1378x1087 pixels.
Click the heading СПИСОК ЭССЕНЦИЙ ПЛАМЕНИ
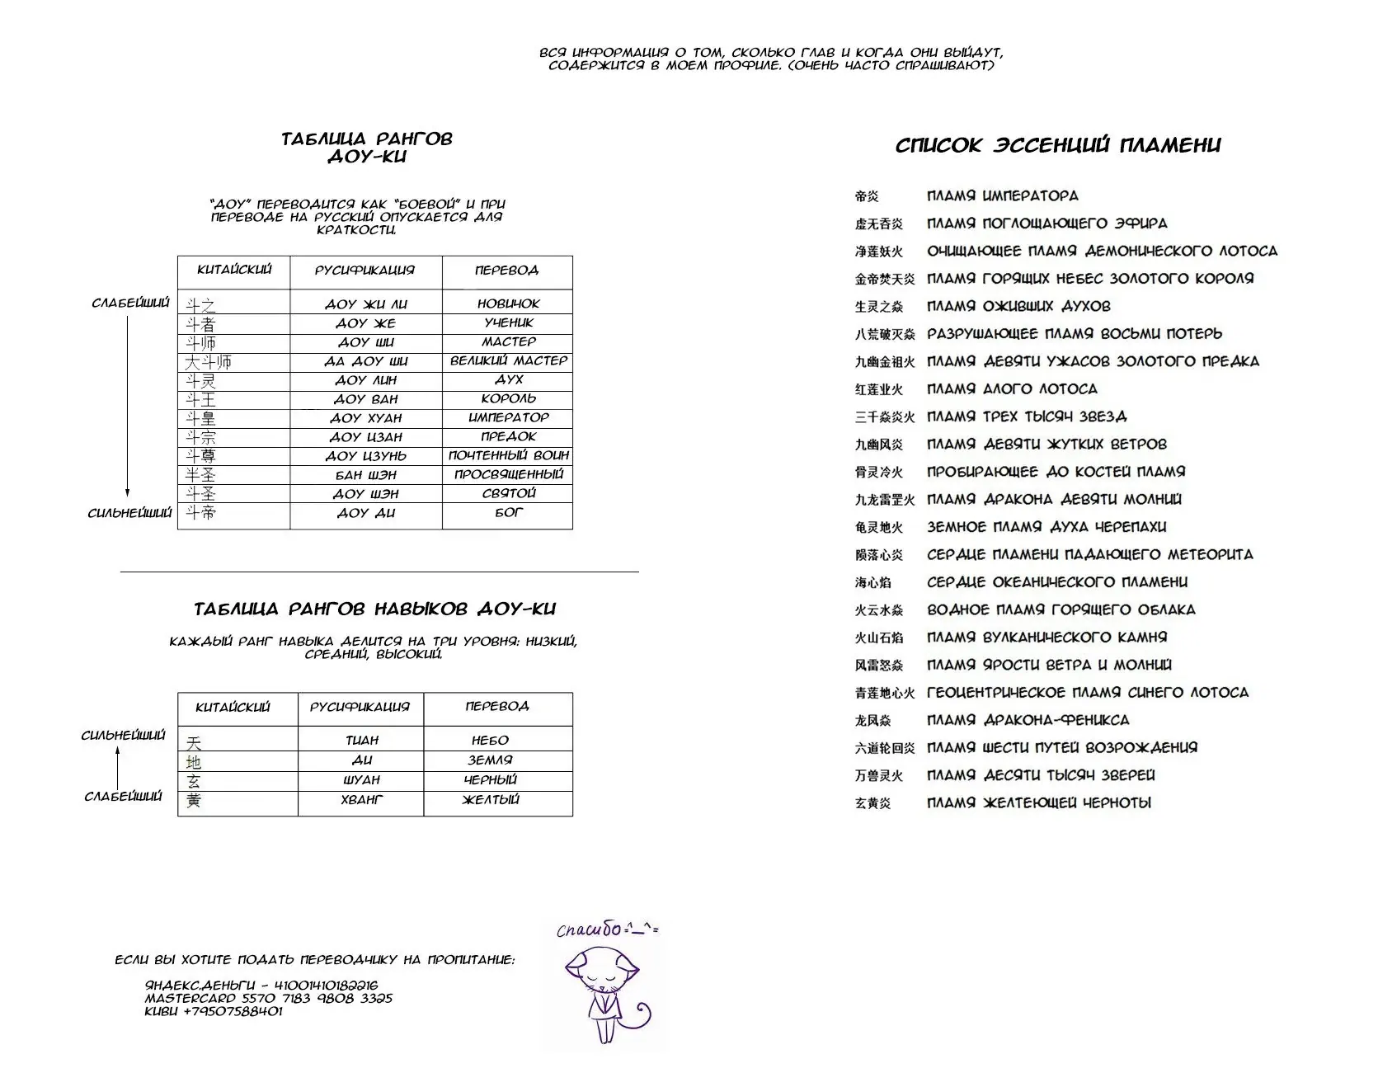click(1058, 146)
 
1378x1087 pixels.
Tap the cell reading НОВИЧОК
click(508, 304)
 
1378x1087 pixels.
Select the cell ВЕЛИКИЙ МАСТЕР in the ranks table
click(508, 360)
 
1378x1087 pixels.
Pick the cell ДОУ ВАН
click(365, 399)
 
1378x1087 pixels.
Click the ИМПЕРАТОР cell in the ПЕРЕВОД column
click(508, 417)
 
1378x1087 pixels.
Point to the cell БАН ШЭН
click(365, 475)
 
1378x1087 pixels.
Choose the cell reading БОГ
click(508, 512)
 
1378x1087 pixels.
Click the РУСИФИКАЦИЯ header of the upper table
click(364, 271)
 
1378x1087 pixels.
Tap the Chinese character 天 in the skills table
click(194, 742)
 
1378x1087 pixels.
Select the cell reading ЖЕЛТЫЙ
click(491, 799)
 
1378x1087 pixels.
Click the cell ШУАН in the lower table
click(361, 780)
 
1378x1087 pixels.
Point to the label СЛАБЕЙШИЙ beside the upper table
click(130, 304)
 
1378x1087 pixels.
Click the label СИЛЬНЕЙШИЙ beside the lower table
click(123, 736)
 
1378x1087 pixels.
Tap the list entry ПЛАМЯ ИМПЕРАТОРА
click(1002, 196)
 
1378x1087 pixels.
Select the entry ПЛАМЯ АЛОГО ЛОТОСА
click(1012, 389)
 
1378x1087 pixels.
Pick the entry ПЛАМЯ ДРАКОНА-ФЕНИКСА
click(1028, 720)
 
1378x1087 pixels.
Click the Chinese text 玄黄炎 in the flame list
click(872, 803)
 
